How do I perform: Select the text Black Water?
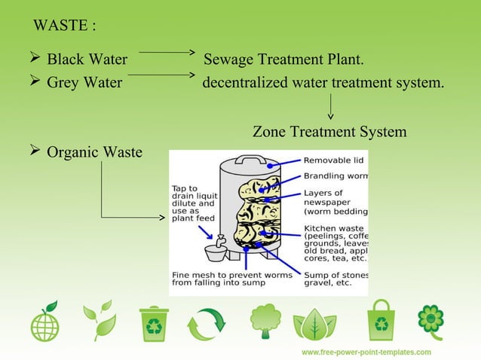click(87, 60)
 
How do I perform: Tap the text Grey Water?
click(84, 82)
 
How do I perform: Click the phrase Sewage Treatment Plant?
click(284, 60)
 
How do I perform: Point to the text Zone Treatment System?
click(329, 132)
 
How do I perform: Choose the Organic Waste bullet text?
click(94, 153)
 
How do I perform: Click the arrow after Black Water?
click(167, 53)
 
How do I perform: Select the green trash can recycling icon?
click(154, 323)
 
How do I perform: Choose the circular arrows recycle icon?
click(206, 324)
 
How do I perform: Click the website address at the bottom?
click(366, 352)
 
